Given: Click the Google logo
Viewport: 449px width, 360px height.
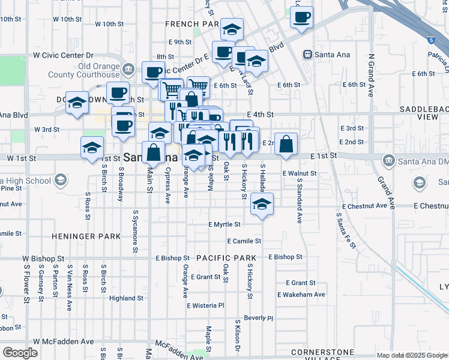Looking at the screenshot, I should [x=20, y=353].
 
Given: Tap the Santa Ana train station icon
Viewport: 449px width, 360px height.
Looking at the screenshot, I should [x=307, y=55].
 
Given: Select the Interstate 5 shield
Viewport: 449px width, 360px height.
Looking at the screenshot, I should [x=431, y=40].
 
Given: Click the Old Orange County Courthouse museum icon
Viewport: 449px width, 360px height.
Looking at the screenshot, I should [x=128, y=70].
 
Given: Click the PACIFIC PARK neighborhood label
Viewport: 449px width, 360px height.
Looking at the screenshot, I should [x=226, y=258].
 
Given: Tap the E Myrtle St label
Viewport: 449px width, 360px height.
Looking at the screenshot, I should [x=224, y=224].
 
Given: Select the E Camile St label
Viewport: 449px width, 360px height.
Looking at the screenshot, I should [x=244, y=241].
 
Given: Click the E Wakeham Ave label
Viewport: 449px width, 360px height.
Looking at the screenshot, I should [x=301, y=295].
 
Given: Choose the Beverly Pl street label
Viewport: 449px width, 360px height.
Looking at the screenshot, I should [x=258, y=318].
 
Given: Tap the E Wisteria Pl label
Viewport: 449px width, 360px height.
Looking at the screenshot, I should [x=205, y=305].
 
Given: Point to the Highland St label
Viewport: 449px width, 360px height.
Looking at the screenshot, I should [x=126, y=298].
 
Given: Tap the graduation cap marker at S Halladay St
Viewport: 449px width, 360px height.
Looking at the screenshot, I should [x=262, y=204].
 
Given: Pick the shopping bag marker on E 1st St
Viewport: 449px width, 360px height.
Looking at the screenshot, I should [x=286, y=143].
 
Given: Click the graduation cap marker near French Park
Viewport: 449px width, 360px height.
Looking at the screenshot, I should [x=232, y=29].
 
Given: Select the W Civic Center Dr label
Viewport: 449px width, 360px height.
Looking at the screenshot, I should [x=64, y=55].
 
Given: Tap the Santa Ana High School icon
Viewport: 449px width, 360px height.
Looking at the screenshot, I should [x=60, y=180].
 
